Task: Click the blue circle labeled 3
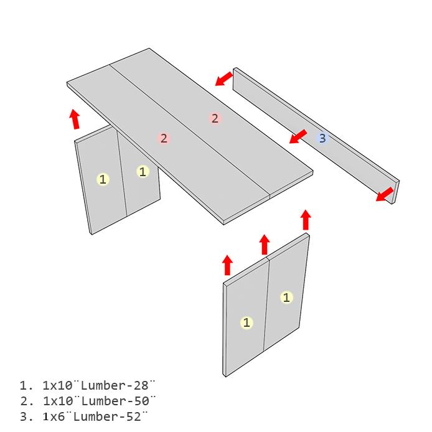click(322, 138)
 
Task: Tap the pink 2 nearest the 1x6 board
click(215, 118)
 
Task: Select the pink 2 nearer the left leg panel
click(164, 138)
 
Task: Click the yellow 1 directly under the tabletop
click(143, 172)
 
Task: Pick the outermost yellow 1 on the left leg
click(103, 179)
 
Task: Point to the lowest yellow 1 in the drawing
click(247, 322)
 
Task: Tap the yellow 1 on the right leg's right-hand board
click(286, 298)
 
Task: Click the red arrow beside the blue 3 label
click(298, 137)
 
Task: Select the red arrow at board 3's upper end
click(223, 79)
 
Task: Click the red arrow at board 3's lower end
click(385, 194)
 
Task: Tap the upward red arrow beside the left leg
click(75, 119)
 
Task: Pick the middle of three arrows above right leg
click(265, 245)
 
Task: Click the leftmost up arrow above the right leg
click(227, 265)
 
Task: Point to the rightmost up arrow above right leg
click(306, 220)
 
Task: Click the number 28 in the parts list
click(141, 385)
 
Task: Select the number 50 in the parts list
click(141, 401)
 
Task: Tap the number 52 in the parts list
click(134, 416)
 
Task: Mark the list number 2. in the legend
click(26, 401)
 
